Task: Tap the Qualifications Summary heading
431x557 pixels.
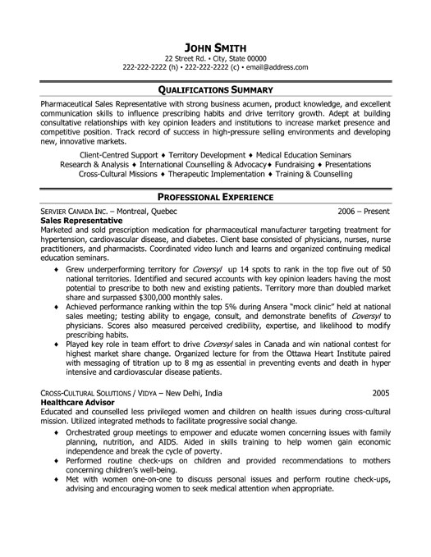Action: (216, 90)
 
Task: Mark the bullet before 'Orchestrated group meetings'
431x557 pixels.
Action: (55, 454)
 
